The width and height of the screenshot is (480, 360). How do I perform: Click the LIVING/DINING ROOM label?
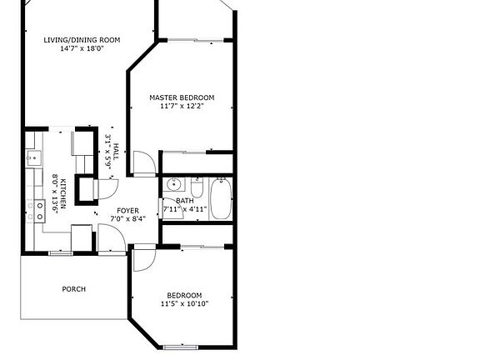pos(82,40)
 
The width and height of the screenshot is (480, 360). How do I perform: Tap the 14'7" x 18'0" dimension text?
pos(82,48)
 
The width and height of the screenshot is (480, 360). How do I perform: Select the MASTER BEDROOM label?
pos(182,97)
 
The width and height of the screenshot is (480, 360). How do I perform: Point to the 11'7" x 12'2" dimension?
pos(182,106)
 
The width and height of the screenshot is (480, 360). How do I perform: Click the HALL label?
pos(116,152)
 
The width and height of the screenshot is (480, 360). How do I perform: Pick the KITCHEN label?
pos(63,193)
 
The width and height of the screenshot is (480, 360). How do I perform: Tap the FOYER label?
pos(128,211)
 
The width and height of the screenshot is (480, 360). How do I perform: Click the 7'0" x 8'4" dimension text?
pos(128,219)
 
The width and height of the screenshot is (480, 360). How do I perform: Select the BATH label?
pos(185,201)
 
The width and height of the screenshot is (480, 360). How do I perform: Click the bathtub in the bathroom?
pos(221,198)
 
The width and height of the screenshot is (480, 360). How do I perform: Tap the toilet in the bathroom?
pos(197,187)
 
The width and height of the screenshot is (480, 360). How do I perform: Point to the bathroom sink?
pos(174,185)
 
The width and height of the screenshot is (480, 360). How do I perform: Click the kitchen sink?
pos(34,158)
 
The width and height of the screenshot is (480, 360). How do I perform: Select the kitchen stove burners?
pos(39,211)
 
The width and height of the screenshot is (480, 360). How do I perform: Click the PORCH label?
pos(74,289)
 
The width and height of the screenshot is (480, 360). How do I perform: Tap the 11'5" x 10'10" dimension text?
pos(185,304)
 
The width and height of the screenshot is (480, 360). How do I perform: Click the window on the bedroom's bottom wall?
pos(181,347)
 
